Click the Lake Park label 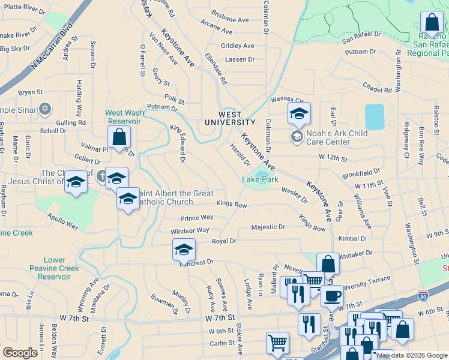point(260,179)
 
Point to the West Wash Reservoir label point(123,116)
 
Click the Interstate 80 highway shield point(423,296)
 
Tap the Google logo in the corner point(20,353)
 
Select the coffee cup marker point(332,295)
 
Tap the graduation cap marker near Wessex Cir point(298,112)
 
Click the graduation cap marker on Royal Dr point(184,249)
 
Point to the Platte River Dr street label point(25,11)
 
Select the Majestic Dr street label point(268,227)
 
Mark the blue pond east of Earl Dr point(374,117)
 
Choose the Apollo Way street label point(63,222)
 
